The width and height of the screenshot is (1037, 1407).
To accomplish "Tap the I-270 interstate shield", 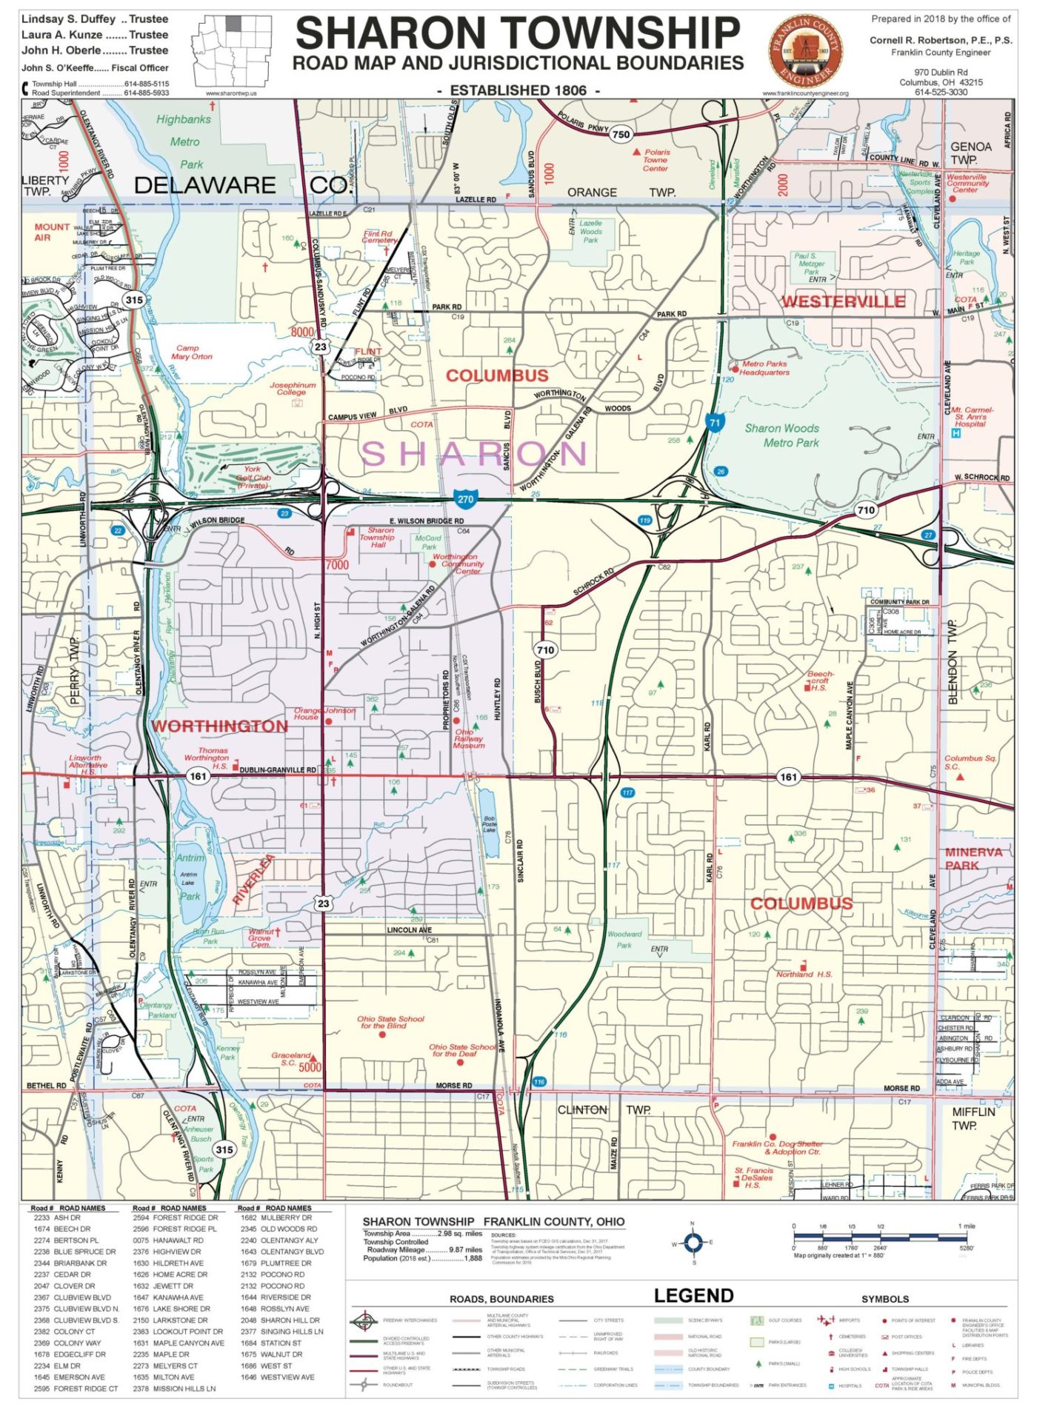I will (x=465, y=499).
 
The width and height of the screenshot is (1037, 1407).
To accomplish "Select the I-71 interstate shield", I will (x=714, y=424).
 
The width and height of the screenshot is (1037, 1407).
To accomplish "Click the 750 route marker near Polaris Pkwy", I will (x=621, y=134).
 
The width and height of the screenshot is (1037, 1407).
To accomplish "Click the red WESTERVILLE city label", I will (x=843, y=301).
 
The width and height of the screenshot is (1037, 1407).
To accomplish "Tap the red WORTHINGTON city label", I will (x=219, y=726).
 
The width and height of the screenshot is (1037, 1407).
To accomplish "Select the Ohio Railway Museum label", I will (x=469, y=738).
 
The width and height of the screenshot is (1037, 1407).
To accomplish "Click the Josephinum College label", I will (x=293, y=388).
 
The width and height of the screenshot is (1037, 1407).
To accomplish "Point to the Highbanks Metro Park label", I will (x=185, y=141).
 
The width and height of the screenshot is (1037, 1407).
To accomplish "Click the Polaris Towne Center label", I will (x=656, y=160).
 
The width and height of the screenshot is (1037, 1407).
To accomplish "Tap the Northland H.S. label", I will (x=804, y=975).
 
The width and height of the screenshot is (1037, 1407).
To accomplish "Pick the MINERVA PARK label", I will (x=973, y=858).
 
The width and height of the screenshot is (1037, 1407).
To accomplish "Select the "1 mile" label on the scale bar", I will (x=966, y=1226).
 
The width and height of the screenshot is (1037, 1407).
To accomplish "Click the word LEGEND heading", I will (x=693, y=1295).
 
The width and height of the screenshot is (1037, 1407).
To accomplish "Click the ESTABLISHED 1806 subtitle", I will (x=518, y=90).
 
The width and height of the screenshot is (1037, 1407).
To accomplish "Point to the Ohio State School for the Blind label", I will (x=390, y=1023).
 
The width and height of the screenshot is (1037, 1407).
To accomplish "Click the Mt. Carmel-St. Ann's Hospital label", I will (x=972, y=416).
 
